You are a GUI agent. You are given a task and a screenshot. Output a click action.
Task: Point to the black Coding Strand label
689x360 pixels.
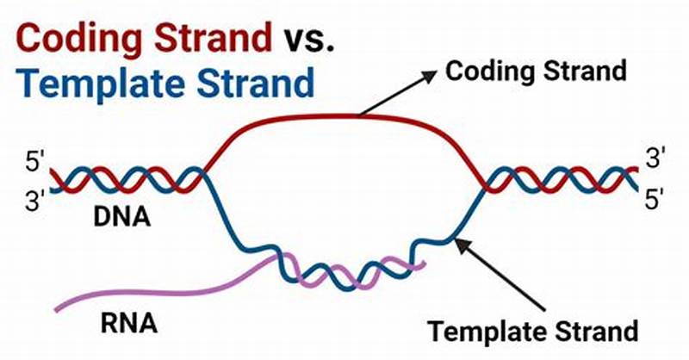[x=535, y=71]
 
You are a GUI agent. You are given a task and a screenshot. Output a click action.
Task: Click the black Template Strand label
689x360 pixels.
[x=533, y=331]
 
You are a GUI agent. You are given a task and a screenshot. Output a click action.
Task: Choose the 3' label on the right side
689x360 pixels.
[x=657, y=158]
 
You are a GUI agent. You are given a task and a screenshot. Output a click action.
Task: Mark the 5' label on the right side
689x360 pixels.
[x=656, y=202]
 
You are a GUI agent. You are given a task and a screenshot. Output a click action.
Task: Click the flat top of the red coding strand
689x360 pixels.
[x=344, y=117]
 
